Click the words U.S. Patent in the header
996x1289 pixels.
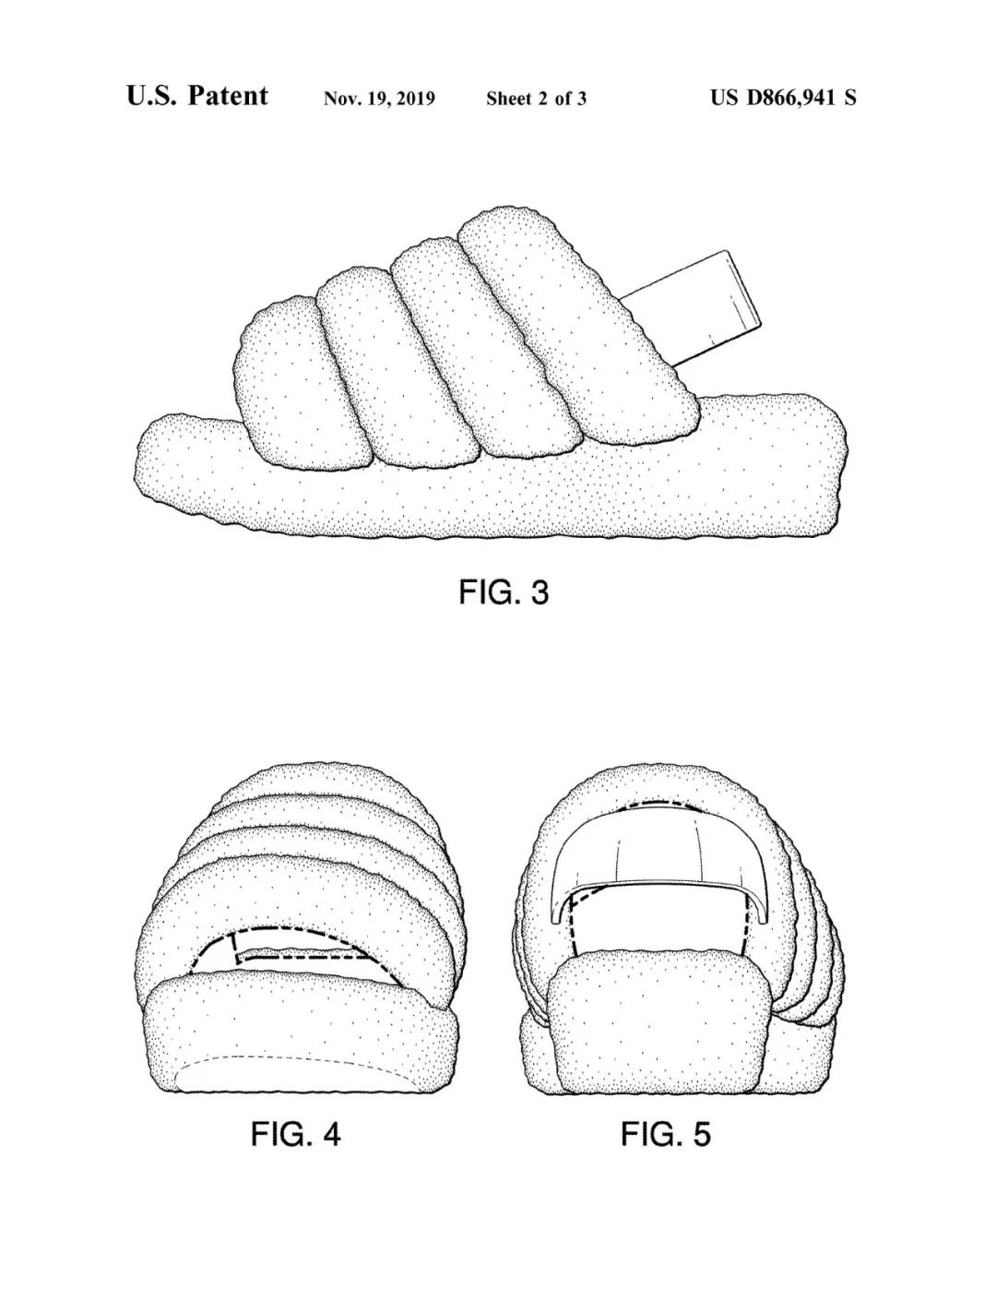coord(196,96)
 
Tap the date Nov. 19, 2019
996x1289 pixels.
coord(379,99)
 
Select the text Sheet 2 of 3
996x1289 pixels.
coord(537,99)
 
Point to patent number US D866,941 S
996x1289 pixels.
coord(783,97)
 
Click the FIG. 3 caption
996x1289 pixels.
coord(504,592)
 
